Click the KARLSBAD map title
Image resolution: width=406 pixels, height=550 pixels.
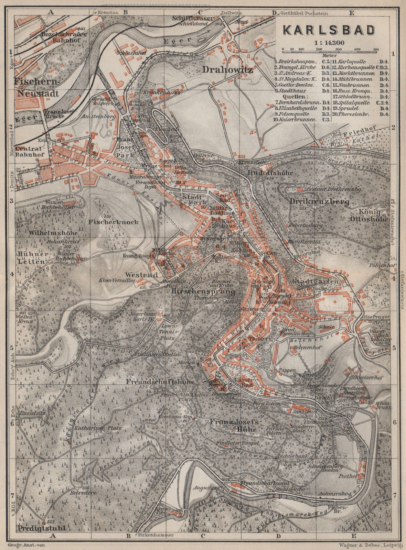pyautogui.click(x=329, y=30)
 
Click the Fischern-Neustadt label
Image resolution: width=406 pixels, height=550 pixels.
pyautogui.click(x=37, y=87)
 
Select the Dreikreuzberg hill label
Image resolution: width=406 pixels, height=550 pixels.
pyautogui.click(x=314, y=201)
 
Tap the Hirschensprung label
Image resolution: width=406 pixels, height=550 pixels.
pyautogui.click(x=203, y=291)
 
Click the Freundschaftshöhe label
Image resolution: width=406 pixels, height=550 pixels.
pyautogui.click(x=160, y=382)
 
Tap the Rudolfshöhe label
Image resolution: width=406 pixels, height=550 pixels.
pyautogui.click(x=270, y=173)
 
